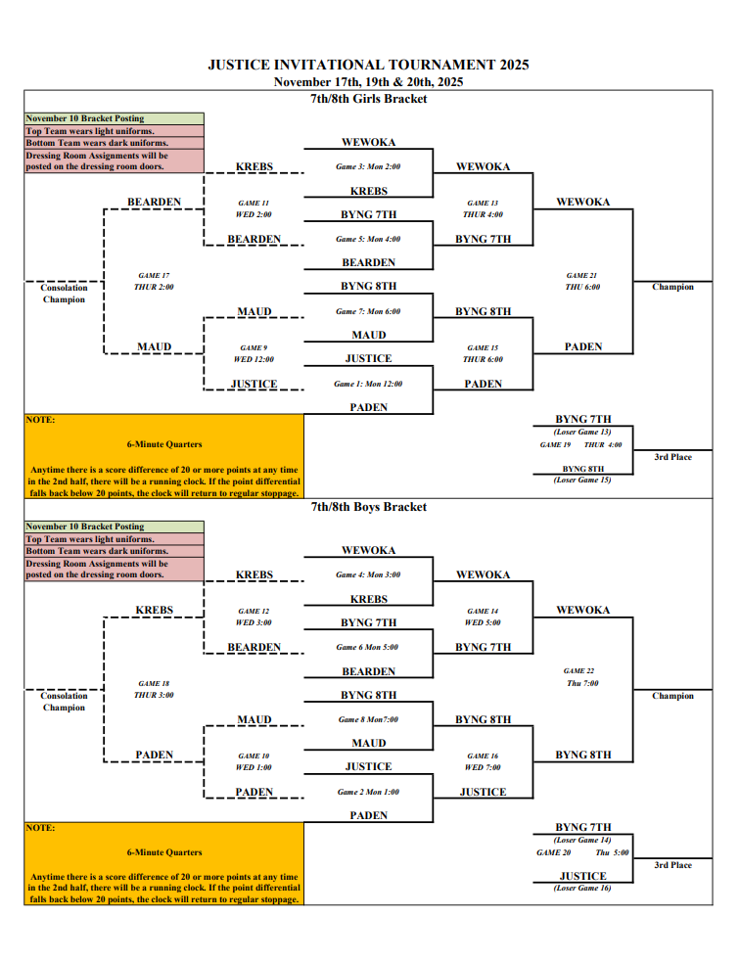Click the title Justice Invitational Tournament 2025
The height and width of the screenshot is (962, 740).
click(x=368, y=65)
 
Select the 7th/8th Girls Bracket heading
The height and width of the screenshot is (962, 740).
click(x=368, y=99)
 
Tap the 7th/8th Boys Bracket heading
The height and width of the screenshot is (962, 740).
click(x=368, y=507)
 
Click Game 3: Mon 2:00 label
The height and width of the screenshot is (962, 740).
click(x=368, y=166)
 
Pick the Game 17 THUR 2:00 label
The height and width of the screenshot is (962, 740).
click(x=154, y=281)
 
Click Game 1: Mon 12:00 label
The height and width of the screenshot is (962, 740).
click(x=368, y=384)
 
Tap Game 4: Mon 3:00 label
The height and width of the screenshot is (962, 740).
click(x=368, y=574)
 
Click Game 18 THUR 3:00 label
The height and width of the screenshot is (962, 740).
click(x=154, y=689)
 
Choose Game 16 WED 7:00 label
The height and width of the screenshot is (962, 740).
click(x=482, y=761)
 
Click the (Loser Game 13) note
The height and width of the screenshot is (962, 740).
click(x=582, y=432)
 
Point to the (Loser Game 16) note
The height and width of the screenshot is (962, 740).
click(x=582, y=888)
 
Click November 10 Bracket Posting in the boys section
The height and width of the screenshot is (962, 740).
click(x=85, y=527)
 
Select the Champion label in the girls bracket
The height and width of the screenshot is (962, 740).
click(x=673, y=287)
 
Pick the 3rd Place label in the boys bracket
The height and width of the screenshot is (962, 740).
click(x=673, y=865)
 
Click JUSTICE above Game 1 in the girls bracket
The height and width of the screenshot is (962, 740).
click(x=368, y=359)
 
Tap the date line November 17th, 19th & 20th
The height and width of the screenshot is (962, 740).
click(x=368, y=82)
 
